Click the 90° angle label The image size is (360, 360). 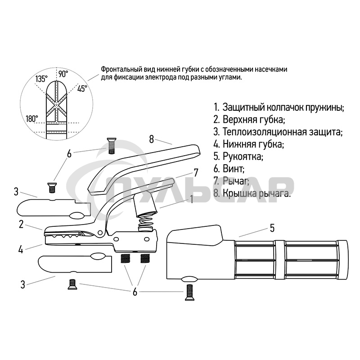coord(63,74)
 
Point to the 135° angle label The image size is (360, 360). coord(41,79)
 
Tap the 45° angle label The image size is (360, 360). coord(82,89)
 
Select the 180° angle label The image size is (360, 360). coord(32,119)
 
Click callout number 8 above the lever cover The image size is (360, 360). coord(151,139)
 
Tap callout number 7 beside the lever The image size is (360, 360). coord(196,173)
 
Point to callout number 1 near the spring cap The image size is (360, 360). coord(192,199)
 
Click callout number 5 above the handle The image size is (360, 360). coord(272,228)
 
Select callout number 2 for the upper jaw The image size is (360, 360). coord(21,224)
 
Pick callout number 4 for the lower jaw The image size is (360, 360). coord(21,250)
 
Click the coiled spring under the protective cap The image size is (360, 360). coord(146,223)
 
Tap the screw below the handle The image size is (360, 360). coord(189,292)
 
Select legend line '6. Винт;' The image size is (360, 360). coord(229,169)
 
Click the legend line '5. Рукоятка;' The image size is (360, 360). coord(238,157)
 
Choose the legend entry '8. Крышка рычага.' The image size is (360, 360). coord(252,193)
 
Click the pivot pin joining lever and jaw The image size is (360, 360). coord(100,233)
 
